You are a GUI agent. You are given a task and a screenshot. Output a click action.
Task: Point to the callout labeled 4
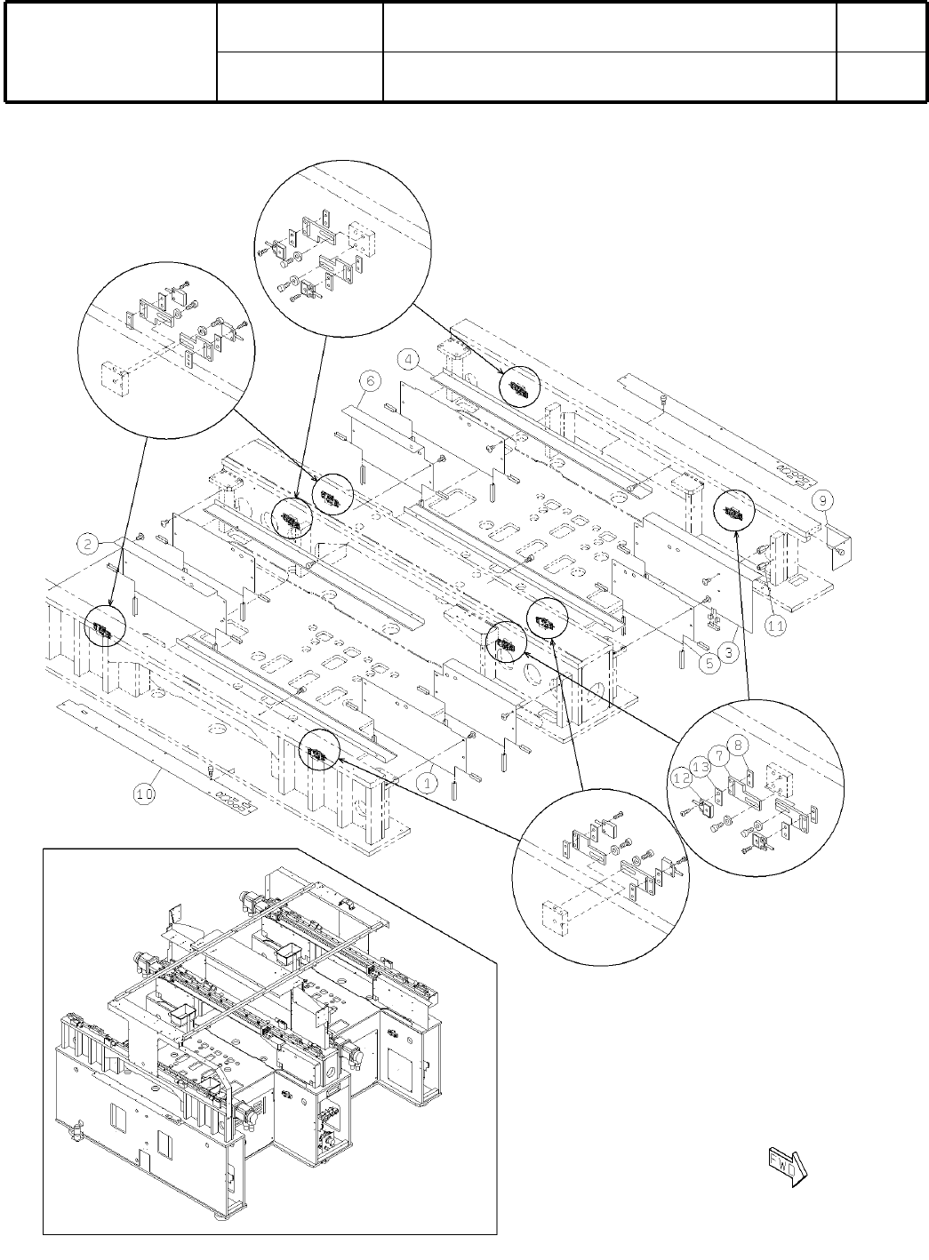[408, 360]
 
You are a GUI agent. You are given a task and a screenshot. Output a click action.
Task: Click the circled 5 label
[708, 664]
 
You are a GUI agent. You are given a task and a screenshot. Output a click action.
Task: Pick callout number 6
[371, 380]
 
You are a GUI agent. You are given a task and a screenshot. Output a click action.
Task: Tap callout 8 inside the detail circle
[738, 744]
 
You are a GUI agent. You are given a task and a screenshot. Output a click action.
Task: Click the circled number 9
[824, 499]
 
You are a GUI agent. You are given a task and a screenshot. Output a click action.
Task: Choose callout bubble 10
[145, 793]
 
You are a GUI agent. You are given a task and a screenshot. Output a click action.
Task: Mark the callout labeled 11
[775, 626]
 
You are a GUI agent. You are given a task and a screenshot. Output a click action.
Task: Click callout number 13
[700, 766]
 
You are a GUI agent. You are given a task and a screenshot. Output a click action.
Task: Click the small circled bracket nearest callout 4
[518, 385]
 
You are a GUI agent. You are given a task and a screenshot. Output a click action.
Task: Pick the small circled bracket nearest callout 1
[319, 754]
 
